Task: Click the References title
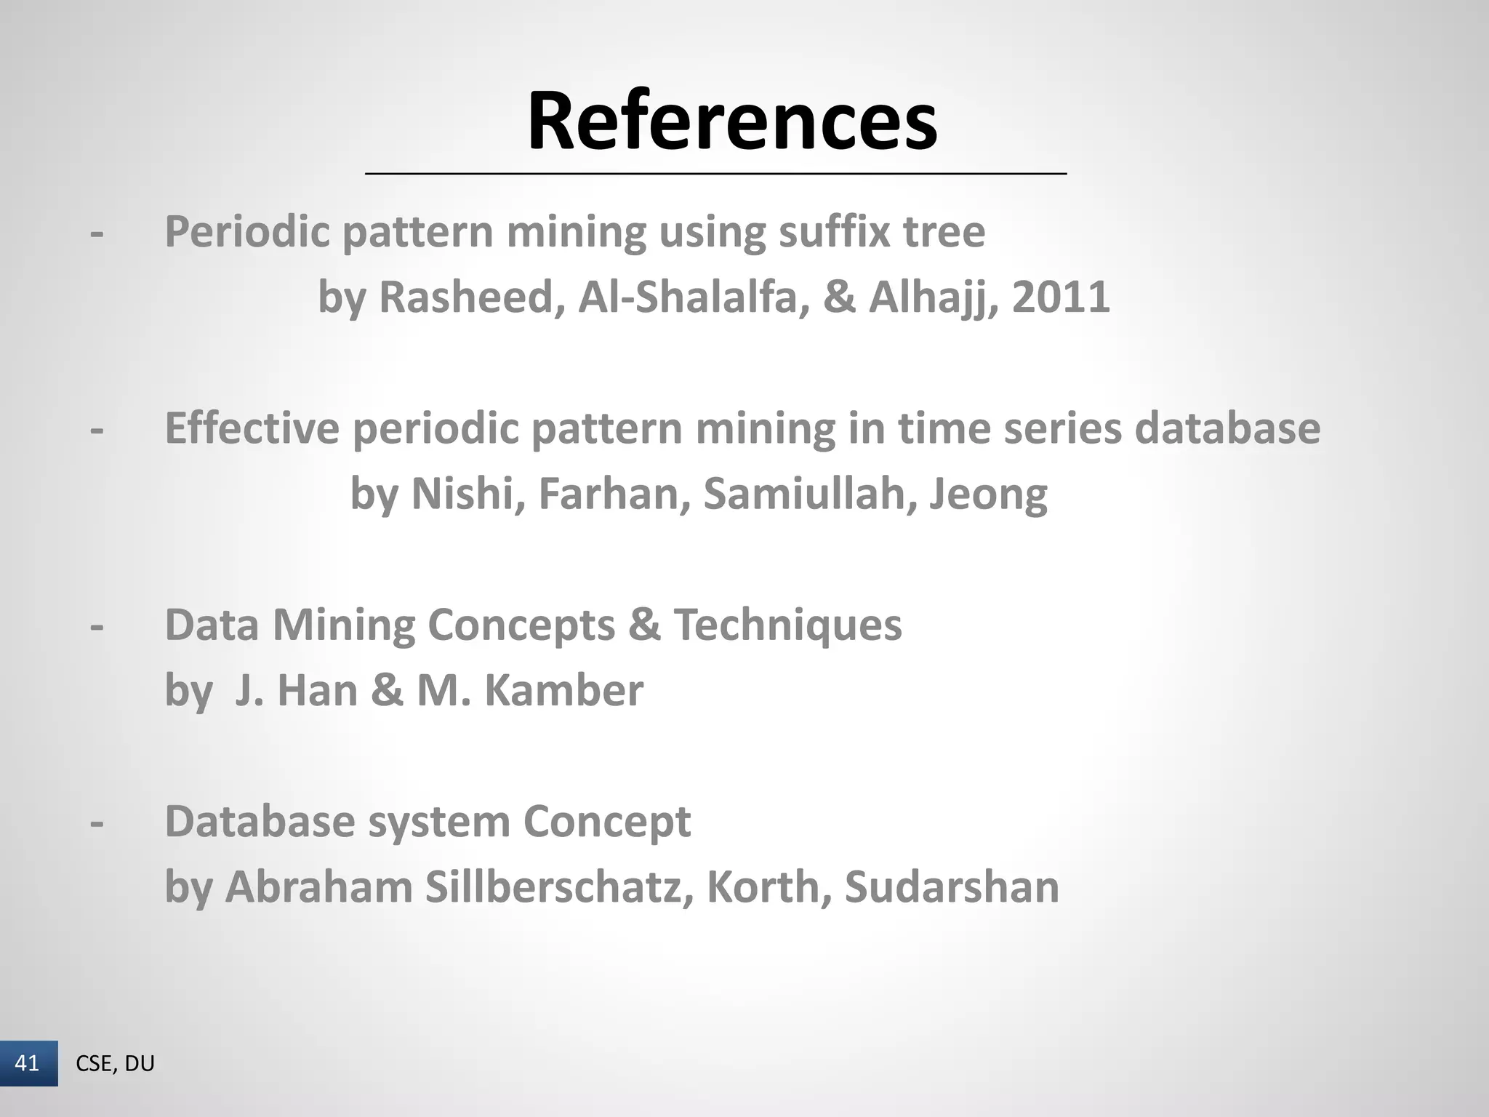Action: coord(732,121)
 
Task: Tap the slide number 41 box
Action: coord(28,1063)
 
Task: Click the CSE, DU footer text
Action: coord(115,1063)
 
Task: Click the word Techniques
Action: coord(787,625)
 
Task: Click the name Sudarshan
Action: coord(952,886)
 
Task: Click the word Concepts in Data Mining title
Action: coord(521,625)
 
